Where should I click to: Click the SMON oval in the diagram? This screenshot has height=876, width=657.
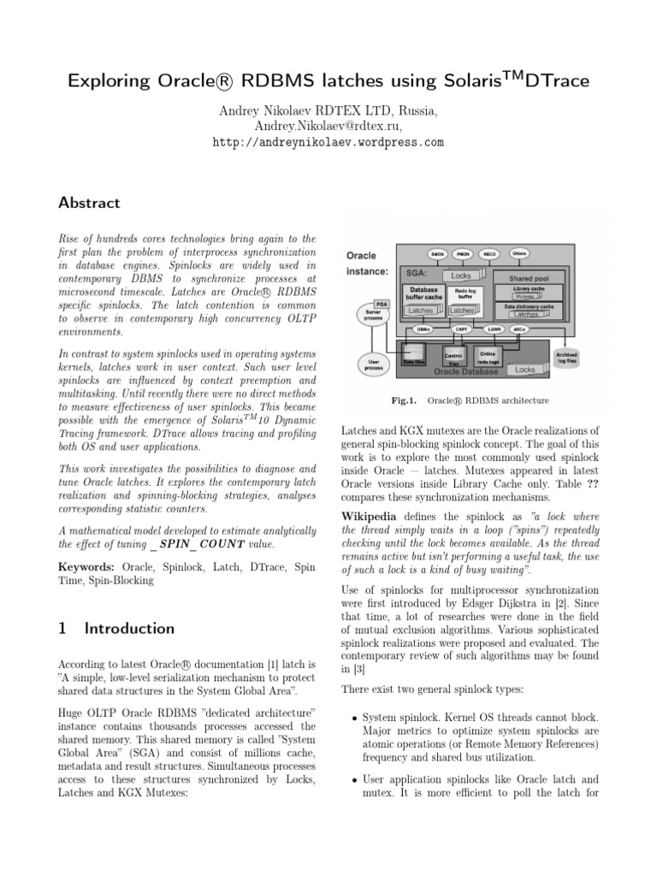point(437,255)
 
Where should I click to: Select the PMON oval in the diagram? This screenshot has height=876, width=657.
point(464,255)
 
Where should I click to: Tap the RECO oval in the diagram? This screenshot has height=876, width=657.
point(490,255)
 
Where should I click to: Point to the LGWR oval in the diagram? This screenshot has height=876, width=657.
point(494,328)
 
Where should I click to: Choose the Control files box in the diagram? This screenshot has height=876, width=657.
point(453,357)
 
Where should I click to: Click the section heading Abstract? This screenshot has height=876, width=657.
point(88,203)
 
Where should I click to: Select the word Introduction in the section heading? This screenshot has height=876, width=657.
point(129,628)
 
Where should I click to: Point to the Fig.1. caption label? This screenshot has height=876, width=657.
point(404,400)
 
